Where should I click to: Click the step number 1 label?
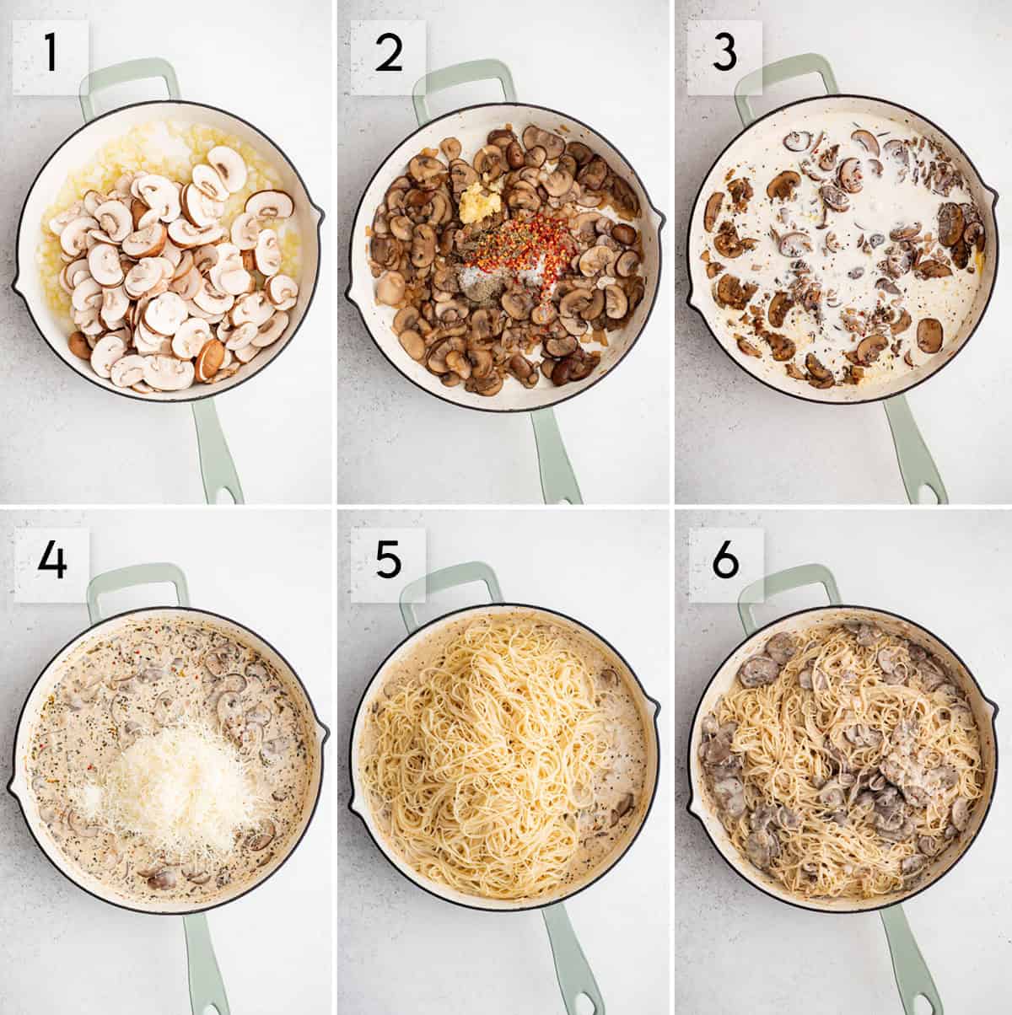(51, 52)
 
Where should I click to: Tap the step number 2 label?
(389, 52)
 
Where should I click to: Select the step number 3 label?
(724, 52)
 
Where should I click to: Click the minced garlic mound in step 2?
(480, 205)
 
